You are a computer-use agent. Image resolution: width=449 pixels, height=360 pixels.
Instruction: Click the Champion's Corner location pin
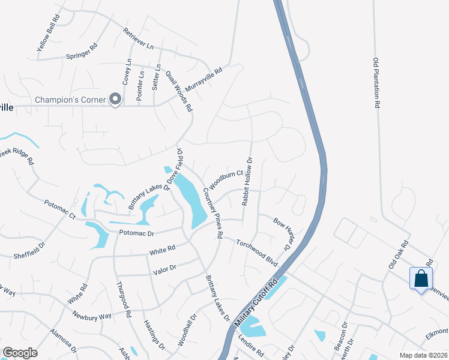[x=115, y=100]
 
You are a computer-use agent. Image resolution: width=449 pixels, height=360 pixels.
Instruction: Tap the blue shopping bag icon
[x=421, y=278]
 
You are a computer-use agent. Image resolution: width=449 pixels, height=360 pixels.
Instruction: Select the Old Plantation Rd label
[x=376, y=82]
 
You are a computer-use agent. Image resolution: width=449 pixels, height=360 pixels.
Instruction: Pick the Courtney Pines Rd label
[x=213, y=212]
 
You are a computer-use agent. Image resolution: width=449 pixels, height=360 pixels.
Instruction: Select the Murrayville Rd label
[x=203, y=79]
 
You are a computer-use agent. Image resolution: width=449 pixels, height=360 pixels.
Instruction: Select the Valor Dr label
[x=164, y=269]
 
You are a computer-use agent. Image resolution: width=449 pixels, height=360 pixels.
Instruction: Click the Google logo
[x=20, y=353]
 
